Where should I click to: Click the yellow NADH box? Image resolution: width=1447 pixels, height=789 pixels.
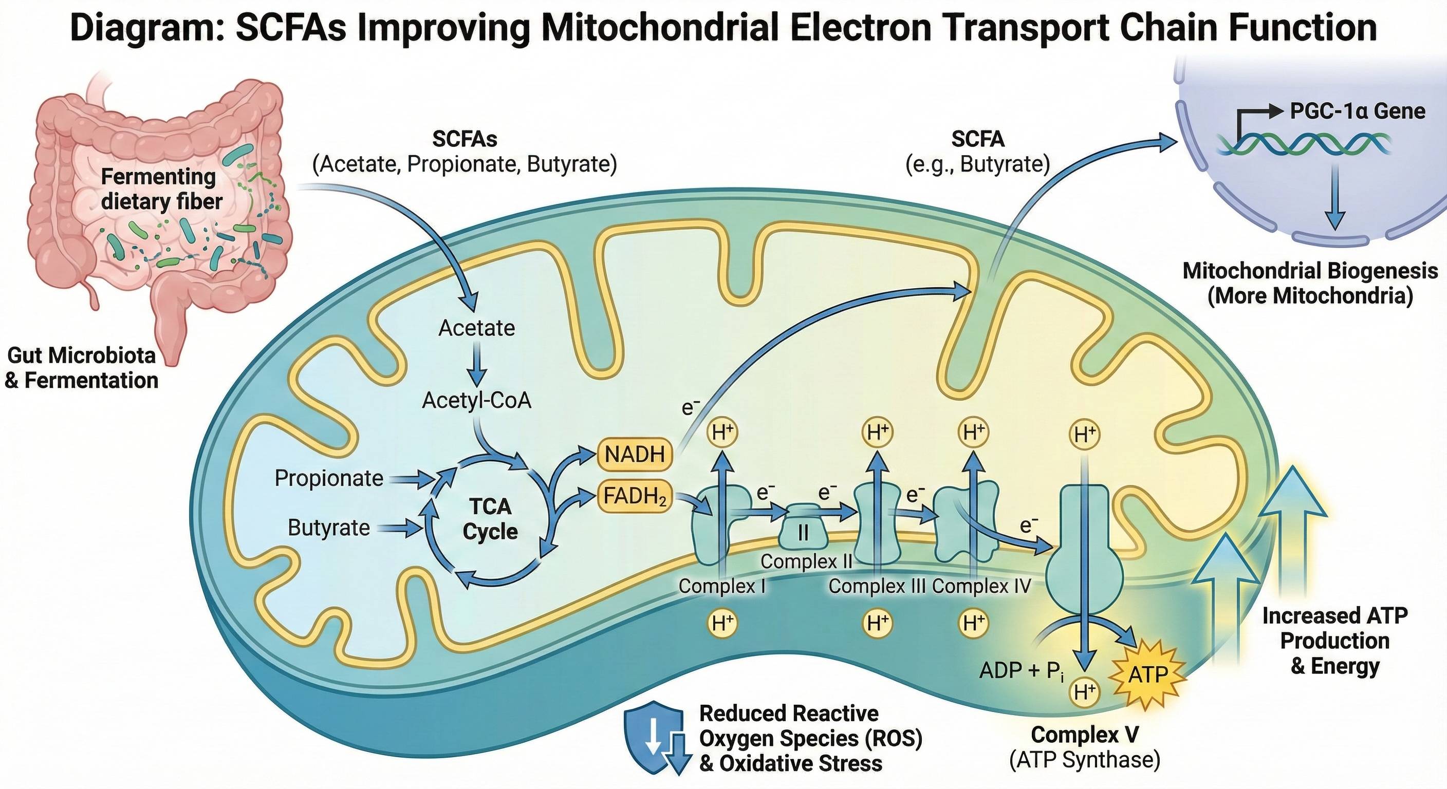635,454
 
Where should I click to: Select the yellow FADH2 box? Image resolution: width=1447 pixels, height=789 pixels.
635,496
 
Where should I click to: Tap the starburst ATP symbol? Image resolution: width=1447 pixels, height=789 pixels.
1148,674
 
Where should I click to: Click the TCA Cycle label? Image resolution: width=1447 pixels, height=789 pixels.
490,518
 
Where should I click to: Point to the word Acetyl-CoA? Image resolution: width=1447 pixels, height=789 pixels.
476,400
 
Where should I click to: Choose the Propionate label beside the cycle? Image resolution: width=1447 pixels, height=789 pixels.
329,478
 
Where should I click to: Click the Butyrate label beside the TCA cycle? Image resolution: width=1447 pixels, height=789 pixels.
329,528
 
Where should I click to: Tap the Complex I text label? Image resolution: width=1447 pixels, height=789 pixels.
722,586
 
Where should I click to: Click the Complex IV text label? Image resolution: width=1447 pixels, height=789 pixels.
981,586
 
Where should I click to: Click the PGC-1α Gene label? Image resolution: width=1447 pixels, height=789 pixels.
1357,110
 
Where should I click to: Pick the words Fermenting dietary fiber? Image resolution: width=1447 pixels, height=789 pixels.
160,189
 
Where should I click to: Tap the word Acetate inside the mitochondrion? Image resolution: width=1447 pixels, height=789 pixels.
476,327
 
